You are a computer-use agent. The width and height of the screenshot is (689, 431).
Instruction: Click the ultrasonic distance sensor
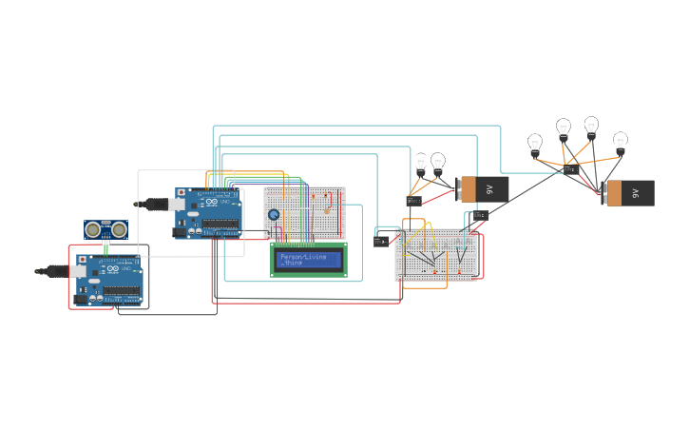[106, 229]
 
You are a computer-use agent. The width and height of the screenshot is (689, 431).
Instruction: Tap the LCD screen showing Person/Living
[309, 259]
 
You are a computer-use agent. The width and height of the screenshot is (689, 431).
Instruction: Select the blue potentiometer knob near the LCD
[274, 215]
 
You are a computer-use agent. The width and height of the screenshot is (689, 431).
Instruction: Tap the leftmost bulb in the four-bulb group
[535, 145]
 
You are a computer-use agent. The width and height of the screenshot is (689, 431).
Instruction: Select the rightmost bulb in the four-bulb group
[621, 143]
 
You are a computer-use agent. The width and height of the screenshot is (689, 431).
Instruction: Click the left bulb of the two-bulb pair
[421, 163]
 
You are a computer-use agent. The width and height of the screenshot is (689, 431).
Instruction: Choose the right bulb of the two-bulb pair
[438, 162]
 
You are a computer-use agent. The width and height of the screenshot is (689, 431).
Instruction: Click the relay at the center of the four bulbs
[571, 169]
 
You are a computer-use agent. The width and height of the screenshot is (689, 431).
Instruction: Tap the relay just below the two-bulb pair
[413, 201]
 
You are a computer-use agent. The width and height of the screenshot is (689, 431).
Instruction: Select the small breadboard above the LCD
[306, 212]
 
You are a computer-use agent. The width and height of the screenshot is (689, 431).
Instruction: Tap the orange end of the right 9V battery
[613, 193]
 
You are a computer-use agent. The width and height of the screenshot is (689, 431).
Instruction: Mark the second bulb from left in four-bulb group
[564, 128]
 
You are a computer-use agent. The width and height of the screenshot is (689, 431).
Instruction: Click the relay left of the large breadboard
[382, 241]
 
